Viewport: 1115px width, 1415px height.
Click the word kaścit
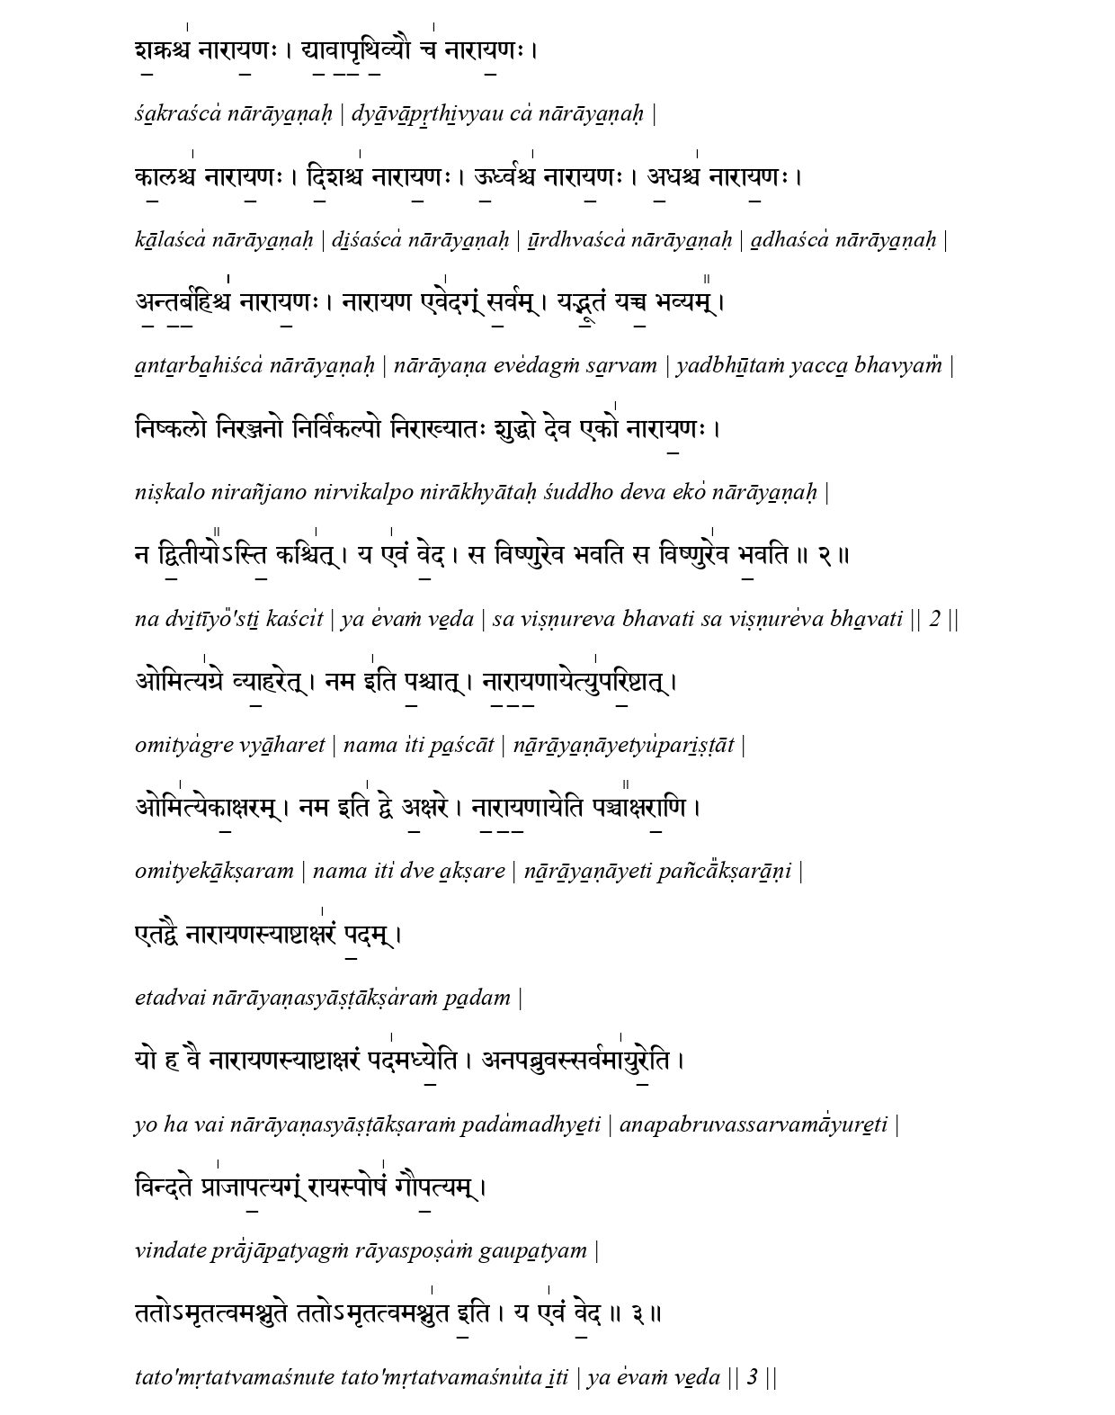click(x=289, y=619)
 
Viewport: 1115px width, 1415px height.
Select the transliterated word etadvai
click(x=169, y=998)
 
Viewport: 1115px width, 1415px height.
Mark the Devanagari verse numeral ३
click(x=636, y=1314)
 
